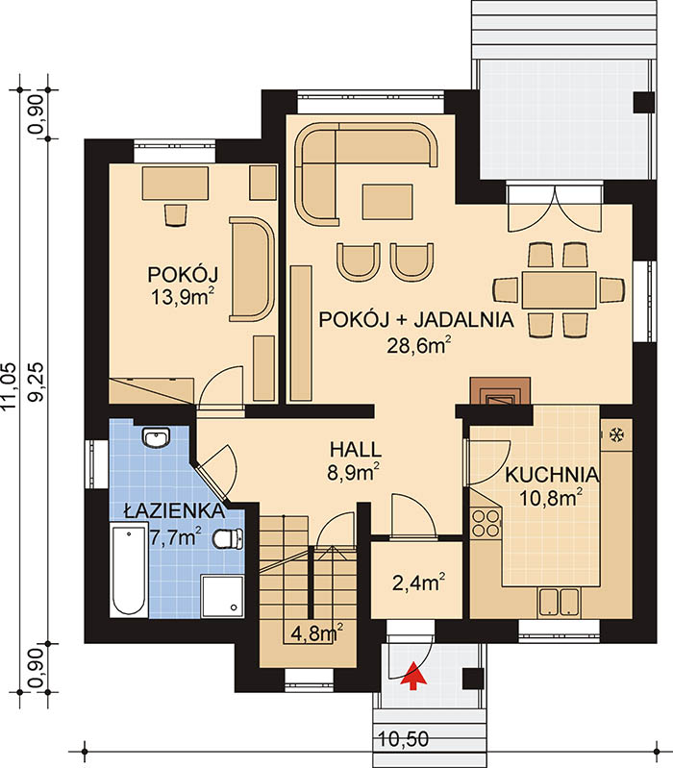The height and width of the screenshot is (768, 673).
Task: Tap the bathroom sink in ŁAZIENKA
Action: pyautogui.click(x=156, y=437)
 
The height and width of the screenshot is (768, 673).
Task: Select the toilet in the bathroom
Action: pyautogui.click(x=228, y=538)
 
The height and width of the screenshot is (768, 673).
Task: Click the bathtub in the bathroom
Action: pyautogui.click(x=129, y=569)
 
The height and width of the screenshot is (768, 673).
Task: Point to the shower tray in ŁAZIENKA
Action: pyautogui.click(x=222, y=597)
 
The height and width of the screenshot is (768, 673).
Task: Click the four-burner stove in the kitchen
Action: pyautogui.click(x=486, y=523)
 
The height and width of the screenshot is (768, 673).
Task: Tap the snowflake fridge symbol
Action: pyautogui.click(x=615, y=434)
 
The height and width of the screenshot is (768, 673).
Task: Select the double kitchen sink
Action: pyautogui.click(x=560, y=602)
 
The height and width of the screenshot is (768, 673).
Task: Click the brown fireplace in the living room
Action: pyautogui.click(x=500, y=390)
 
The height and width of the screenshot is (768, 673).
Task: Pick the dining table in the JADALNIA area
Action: pyautogui.click(x=559, y=289)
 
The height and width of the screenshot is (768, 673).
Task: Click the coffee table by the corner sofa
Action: pyautogui.click(x=387, y=201)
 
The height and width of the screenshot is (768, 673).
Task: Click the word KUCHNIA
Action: pyautogui.click(x=552, y=475)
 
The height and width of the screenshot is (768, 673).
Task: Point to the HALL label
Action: pyautogui.click(x=355, y=449)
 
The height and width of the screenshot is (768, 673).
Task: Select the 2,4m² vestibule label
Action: pyautogui.click(x=419, y=582)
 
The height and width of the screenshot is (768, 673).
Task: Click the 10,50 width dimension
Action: pyautogui.click(x=404, y=738)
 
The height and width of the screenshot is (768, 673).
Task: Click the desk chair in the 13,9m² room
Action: pyautogui.click(x=175, y=214)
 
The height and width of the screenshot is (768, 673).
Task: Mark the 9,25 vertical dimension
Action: pyautogui.click(x=37, y=382)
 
